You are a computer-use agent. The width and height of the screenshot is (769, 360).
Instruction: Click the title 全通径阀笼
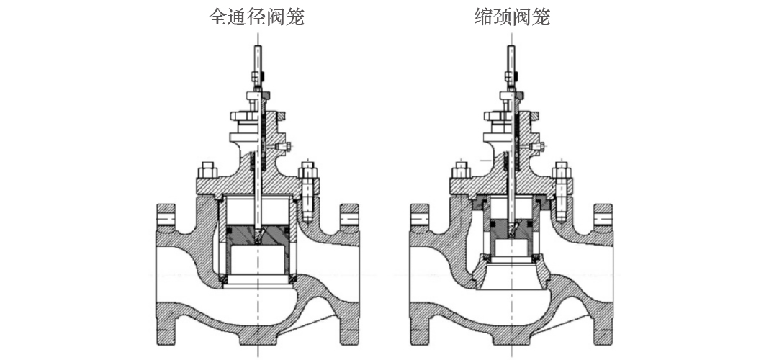(256, 17)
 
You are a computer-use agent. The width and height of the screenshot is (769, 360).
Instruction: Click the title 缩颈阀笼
(513, 17)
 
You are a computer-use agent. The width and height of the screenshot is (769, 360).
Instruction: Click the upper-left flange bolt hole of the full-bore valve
(166, 215)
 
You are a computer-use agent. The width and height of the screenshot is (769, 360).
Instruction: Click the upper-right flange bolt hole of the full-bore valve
(349, 215)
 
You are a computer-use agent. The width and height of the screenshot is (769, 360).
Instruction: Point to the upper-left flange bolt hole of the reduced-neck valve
(420, 215)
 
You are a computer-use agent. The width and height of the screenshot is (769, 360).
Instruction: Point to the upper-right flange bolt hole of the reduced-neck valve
(603, 215)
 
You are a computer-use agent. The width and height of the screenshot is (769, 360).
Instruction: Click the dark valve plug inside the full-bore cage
(258, 233)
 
